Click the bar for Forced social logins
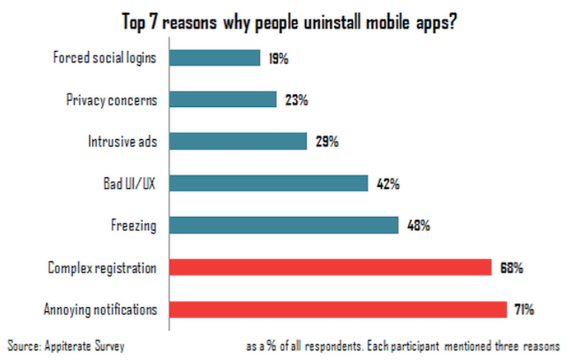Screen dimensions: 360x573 215,58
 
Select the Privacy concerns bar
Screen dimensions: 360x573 223,99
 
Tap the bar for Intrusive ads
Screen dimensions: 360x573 238,141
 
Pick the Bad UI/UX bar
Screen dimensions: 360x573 268,183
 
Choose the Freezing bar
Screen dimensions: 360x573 284,225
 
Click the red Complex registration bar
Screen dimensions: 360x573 331,268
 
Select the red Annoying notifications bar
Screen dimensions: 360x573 338,309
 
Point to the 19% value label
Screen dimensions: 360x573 279,59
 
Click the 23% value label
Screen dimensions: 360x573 296,100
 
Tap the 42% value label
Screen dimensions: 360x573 387,184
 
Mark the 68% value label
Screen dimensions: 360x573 510,268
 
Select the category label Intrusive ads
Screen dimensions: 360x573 122,142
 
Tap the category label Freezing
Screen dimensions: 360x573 134,226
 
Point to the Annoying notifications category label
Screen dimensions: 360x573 100,310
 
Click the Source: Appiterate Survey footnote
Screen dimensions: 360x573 66,346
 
